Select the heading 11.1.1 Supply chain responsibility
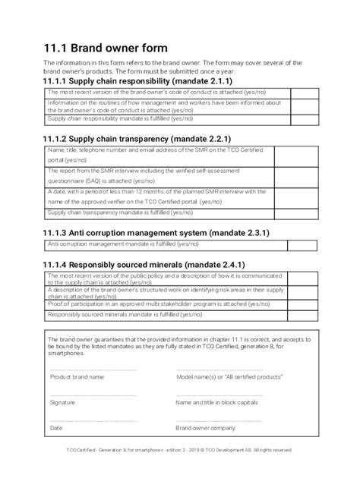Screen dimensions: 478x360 point(137,80)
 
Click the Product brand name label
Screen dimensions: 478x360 point(77,376)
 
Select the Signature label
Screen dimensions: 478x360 point(62,402)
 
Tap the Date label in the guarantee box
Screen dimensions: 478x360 point(56,428)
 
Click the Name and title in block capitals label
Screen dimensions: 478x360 point(217,402)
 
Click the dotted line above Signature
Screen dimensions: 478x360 point(93,395)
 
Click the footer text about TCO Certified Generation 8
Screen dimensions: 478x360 point(179,449)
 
